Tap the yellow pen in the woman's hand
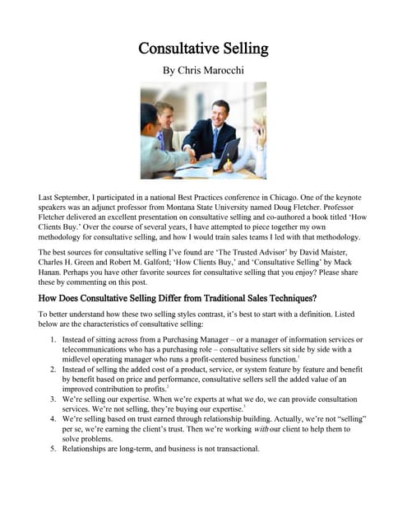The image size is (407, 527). pos(229,163)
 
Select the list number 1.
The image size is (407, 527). pos(53,339)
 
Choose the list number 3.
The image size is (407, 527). pos(53,396)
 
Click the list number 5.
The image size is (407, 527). pos(53,449)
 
